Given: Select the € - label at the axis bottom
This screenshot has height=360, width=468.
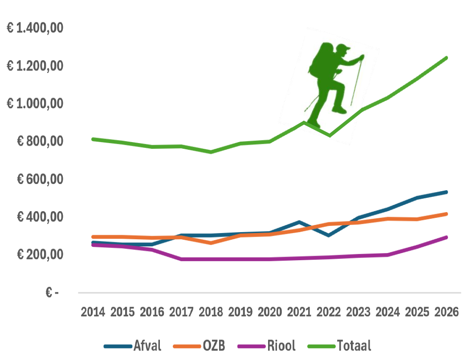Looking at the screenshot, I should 52,293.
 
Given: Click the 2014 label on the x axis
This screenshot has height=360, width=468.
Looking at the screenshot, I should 93,311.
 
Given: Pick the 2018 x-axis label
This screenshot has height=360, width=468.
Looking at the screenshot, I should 211,311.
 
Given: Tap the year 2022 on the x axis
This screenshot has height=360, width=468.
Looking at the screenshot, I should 329,311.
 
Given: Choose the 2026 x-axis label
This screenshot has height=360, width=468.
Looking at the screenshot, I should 446,311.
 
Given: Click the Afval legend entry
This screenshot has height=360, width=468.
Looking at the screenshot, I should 132,345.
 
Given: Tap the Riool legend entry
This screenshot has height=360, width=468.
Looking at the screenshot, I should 266,345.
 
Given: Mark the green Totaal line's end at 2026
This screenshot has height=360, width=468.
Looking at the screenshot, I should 446,58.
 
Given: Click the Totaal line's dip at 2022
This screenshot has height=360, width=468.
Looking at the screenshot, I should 330,135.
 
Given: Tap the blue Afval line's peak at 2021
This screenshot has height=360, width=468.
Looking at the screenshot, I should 300,222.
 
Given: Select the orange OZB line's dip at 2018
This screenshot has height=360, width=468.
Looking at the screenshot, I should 211,243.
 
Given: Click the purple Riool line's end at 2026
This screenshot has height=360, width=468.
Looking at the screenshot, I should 446,237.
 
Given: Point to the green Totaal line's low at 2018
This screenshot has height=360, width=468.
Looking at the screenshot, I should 211,152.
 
